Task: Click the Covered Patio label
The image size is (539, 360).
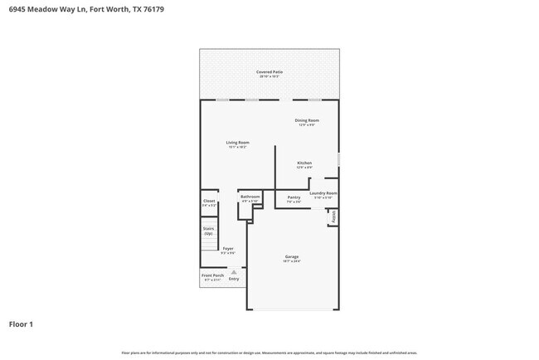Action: (x=269, y=72)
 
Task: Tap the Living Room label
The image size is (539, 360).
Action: (x=238, y=143)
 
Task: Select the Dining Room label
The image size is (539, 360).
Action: (x=307, y=120)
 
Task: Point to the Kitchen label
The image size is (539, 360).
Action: (x=304, y=163)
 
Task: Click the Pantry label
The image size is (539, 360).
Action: (x=294, y=197)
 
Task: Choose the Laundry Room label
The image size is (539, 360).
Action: (x=323, y=193)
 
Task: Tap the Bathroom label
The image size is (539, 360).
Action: (x=250, y=197)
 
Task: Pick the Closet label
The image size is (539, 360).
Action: (x=209, y=201)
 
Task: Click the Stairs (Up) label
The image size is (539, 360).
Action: (x=209, y=231)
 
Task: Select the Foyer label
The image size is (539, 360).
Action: (x=228, y=248)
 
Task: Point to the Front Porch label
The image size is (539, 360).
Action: (x=213, y=275)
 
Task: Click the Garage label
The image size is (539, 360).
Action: (x=293, y=256)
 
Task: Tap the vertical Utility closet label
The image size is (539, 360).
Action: (x=333, y=217)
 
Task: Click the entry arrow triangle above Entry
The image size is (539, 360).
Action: (x=234, y=272)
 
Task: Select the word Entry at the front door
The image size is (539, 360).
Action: (x=234, y=280)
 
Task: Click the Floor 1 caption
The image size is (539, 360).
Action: (x=21, y=324)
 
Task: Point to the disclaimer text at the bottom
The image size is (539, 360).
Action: (x=269, y=352)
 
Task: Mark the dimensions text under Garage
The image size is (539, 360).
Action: (x=293, y=261)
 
